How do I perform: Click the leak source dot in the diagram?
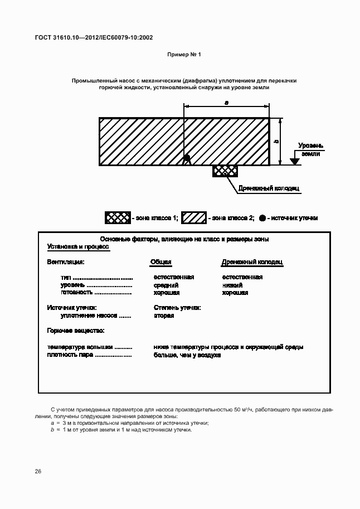(x=187, y=158)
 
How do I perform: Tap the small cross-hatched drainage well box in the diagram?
(x=225, y=171)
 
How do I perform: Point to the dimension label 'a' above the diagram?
(x=226, y=103)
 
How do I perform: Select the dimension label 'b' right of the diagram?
(x=276, y=142)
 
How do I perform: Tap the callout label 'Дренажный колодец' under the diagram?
(x=269, y=188)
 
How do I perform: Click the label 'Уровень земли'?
(x=310, y=149)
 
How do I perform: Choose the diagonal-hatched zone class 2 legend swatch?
(x=194, y=218)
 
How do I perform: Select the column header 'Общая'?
(x=160, y=262)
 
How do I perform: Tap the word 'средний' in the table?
(x=166, y=285)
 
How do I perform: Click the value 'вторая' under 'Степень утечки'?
(x=164, y=316)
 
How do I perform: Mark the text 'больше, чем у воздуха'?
(x=187, y=355)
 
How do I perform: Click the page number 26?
(x=38, y=472)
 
